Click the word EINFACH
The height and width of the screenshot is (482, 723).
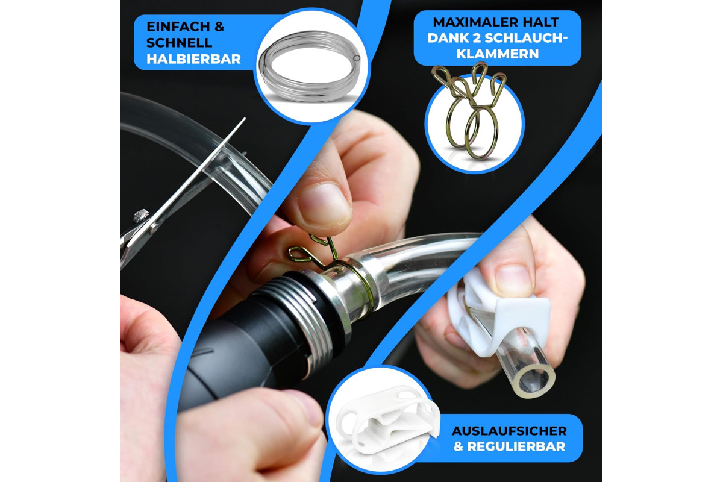(x=178, y=27)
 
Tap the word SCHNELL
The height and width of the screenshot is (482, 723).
(x=180, y=43)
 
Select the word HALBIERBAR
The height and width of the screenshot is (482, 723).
(x=193, y=59)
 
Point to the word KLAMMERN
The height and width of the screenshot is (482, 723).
(x=498, y=54)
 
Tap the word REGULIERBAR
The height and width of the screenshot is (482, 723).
(x=516, y=446)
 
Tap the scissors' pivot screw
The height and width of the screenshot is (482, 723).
(x=141, y=215)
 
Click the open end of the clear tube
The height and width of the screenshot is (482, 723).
(x=534, y=382)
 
